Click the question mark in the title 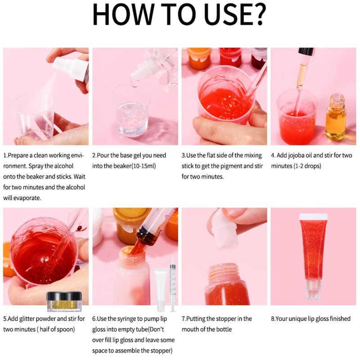click(259, 14)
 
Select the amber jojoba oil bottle click(336, 117)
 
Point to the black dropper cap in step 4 click(306, 52)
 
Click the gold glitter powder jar click(64, 301)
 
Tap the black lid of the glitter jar click(64, 296)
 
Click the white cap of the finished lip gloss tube click(313, 217)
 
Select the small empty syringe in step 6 click(173, 285)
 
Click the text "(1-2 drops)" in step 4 click(307, 166)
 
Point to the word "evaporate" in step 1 click(27, 198)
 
